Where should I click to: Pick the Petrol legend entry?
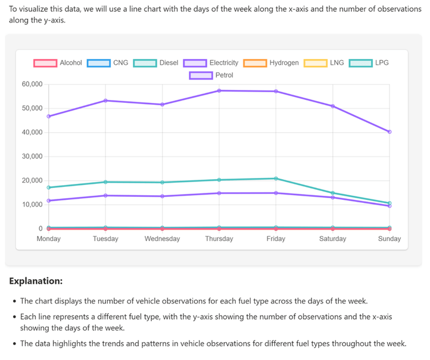(x=211, y=75)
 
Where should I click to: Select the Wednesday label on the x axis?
(x=162, y=239)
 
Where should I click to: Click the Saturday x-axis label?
(x=332, y=239)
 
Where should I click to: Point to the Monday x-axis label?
(x=49, y=239)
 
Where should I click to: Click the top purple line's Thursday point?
(x=219, y=90)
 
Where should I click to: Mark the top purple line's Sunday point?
(x=390, y=132)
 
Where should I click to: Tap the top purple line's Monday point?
(x=49, y=116)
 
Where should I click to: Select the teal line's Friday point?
(x=276, y=179)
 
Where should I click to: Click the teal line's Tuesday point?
(x=105, y=182)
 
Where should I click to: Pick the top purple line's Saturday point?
(x=333, y=106)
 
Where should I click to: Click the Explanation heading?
(x=36, y=280)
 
